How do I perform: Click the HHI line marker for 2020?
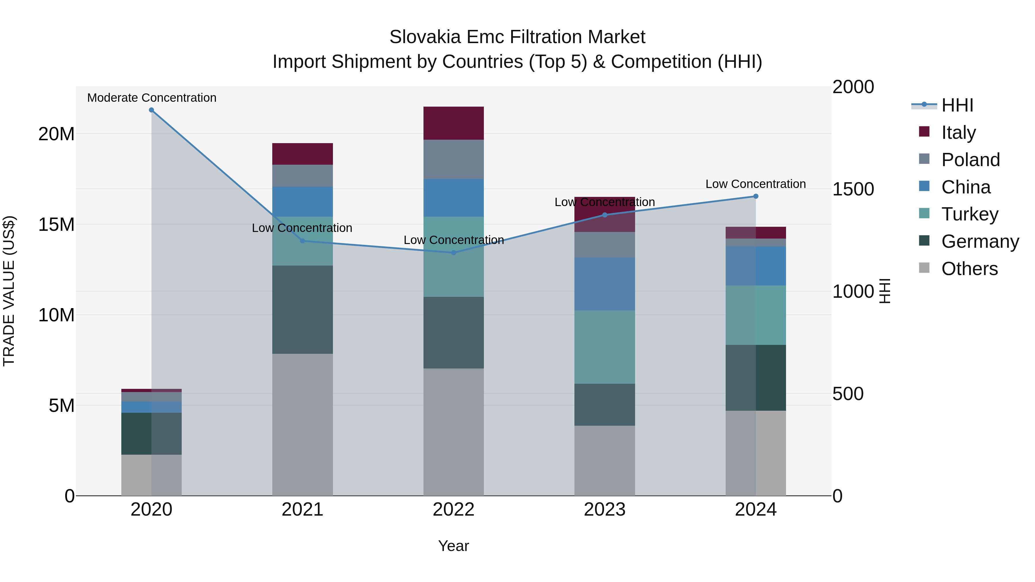(x=152, y=110)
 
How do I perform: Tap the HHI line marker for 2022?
(x=454, y=253)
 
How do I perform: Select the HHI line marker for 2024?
(x=756, y=196)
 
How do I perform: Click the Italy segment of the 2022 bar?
(x=454, y=123)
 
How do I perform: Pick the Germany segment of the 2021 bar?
(x=302, y=309)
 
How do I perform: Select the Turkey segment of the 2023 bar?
(x=605, y=347)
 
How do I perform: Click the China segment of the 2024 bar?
(x=756, y=266)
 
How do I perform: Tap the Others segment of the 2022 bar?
(x=454, y=432)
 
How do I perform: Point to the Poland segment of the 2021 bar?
(x=302, y=176)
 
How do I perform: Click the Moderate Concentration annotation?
(x=152, y=98)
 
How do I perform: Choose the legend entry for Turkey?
(x=969, y=214)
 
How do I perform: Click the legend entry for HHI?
(x=957, y=105)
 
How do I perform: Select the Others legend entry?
(x=969, y=269)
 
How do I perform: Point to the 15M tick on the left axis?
(x=56, y=224)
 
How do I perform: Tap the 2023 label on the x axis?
(x=605, y=510)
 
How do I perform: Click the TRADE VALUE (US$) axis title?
(x=9, y=291)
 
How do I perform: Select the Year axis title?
(x=454, y=546)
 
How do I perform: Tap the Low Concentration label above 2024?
(x=756, y=184)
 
